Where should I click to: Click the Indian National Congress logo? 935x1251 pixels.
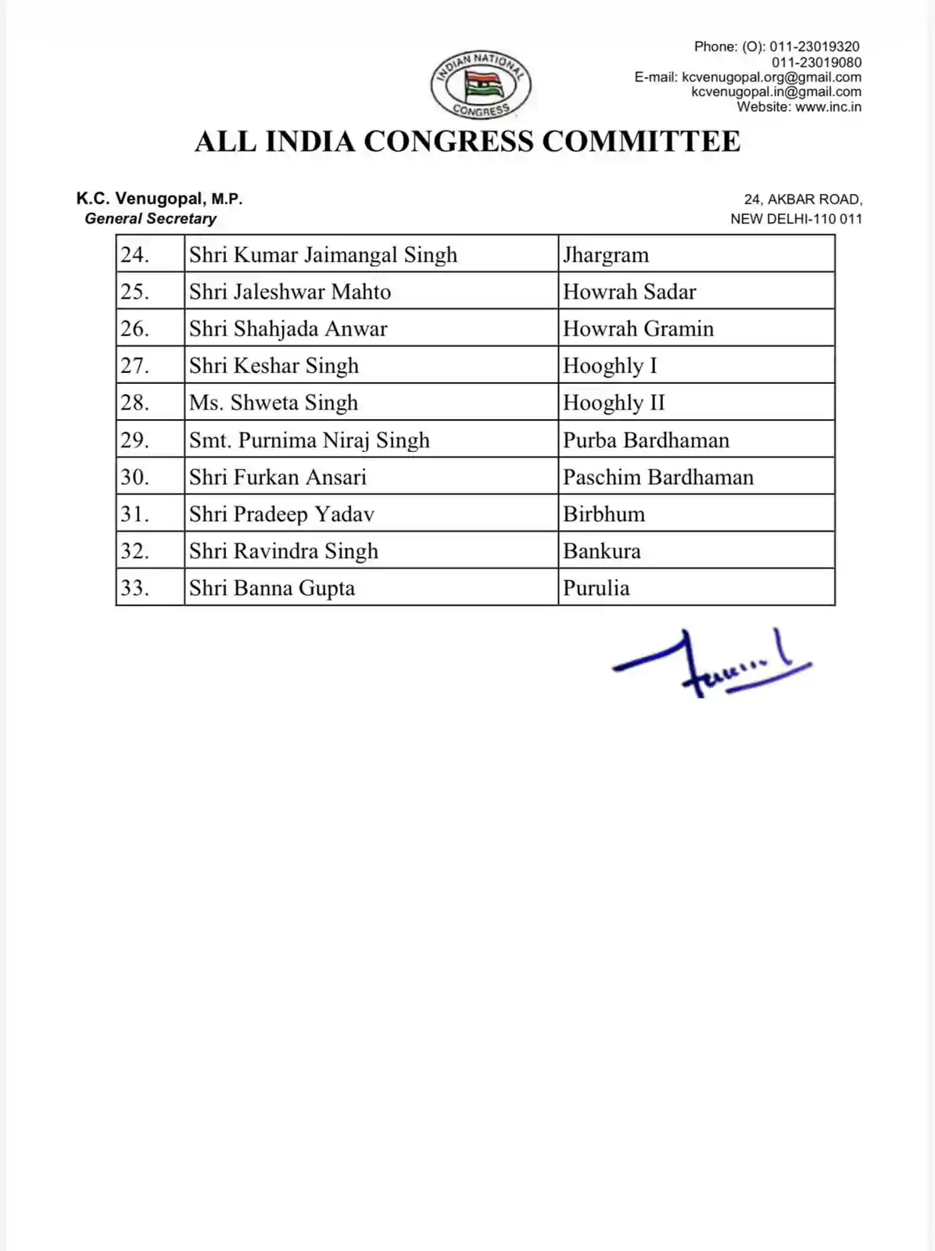pos(481,85)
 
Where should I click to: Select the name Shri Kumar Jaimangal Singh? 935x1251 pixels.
pos(323,255)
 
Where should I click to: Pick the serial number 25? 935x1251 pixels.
pos(134,292)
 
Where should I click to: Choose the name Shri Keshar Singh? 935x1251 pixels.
pos(274,366)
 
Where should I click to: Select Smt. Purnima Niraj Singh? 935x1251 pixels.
pos(309,440)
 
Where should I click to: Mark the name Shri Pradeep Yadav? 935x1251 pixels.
pos(281,514)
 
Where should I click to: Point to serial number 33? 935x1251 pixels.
pos(134,588)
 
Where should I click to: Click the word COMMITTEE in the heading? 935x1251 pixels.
pos(641,142)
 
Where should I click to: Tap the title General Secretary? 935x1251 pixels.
pos(150,219)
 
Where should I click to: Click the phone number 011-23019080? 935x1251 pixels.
pos(816,62)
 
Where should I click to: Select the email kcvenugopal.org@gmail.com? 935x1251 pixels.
pos(772,77)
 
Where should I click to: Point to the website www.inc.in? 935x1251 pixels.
pos(828,107)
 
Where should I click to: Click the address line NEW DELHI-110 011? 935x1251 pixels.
pos(796,219)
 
